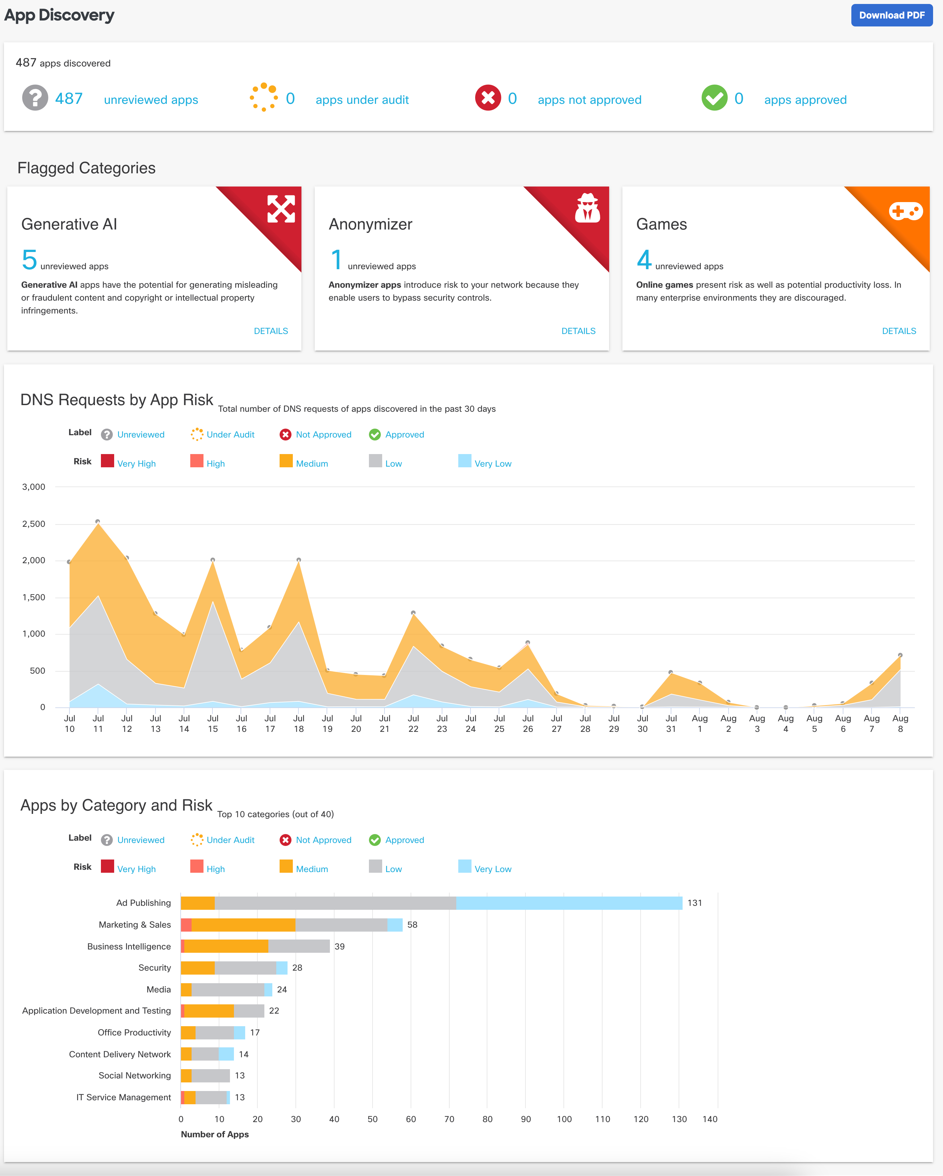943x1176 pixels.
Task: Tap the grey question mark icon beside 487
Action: point(35,98)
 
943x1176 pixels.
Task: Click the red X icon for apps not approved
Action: point(488,98)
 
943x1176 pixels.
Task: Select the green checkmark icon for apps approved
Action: point(714,98)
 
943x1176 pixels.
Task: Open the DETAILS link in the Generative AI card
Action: point(271,331)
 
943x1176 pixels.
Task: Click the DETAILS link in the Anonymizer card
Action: point(578,331)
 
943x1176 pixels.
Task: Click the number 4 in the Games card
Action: point(644,260)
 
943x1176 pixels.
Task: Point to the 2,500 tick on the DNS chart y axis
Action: point(34,524)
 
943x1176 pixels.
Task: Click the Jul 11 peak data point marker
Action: point(98,522)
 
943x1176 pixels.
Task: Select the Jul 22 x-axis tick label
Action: point(413,723)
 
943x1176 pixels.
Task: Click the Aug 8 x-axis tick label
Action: point(900,723)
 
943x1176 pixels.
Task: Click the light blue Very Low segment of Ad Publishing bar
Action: point(569,903)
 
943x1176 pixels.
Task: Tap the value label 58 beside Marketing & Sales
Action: point(412,925)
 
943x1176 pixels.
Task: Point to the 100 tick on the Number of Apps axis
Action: point(564,1119)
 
